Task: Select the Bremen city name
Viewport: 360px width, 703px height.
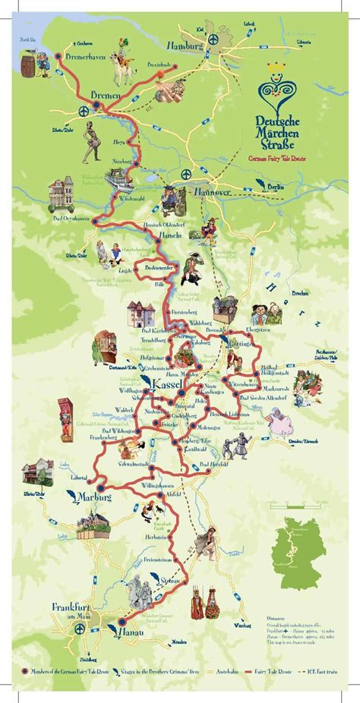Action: pos(106,95)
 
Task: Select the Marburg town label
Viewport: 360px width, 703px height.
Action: pos(96,497)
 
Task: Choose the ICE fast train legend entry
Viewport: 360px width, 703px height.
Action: pos(317,673)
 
